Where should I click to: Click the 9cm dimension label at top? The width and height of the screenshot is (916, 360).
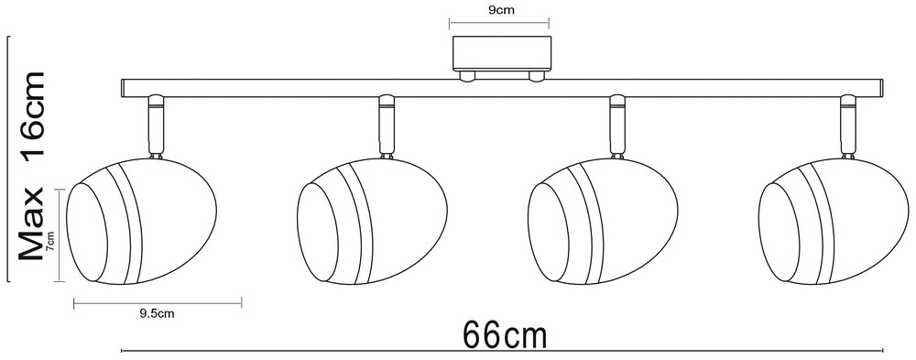(499, 10)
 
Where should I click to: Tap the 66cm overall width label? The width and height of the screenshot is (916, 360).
(506, 335)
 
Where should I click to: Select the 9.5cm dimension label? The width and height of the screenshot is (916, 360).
(158, 314)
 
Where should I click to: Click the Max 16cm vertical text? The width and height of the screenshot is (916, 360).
(31, 166)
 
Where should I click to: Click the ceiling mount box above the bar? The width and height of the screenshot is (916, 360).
(502, 54)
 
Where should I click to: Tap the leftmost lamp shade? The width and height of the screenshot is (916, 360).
(141, 221)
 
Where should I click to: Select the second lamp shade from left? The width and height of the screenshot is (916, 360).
(372, 221)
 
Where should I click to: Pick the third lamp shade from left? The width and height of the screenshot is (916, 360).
(603, 221)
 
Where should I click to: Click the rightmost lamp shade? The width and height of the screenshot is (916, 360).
(833, 221)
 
